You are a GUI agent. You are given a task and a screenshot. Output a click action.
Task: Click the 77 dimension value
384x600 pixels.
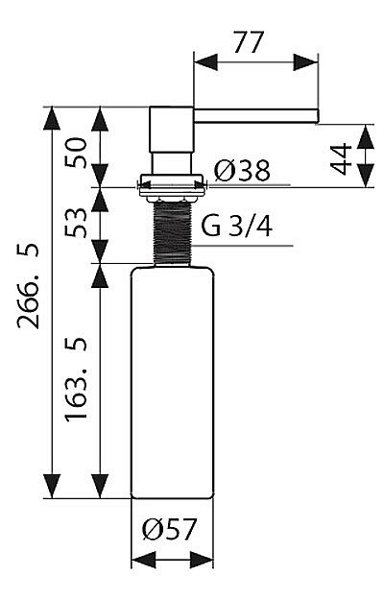coord(249,42)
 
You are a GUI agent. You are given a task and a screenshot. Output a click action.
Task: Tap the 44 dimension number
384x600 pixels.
coord(341,158)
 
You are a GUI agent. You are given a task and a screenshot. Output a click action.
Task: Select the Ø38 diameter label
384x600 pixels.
coord(242,170)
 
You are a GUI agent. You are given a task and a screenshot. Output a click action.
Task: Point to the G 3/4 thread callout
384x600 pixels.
coord(237,226)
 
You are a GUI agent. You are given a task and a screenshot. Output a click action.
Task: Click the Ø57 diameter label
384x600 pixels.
coord(169,529)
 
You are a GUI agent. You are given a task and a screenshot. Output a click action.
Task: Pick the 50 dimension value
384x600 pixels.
coord(76,153)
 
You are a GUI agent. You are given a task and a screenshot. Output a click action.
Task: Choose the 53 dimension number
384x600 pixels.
coord(76,223)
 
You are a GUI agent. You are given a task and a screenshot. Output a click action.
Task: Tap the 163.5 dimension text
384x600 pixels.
coord(76,379)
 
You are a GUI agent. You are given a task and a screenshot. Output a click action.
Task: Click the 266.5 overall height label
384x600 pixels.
coord(29,286)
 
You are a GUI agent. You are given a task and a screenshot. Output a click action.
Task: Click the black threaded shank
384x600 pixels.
coord(172,232)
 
